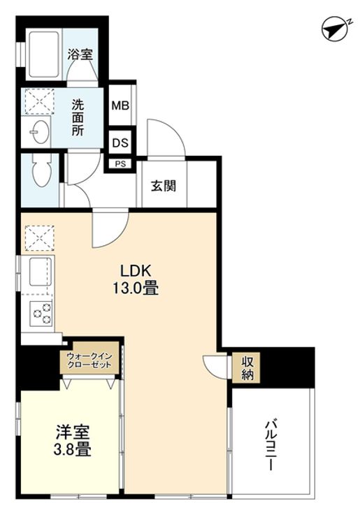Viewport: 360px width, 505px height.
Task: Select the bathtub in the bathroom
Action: pyautogui.click(x=43, y=54)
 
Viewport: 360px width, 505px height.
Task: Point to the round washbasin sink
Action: pyautogui.click(x=39, y=131)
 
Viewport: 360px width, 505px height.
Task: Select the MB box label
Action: pyautogui.click(x=120, y=108)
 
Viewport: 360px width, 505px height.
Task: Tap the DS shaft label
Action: pyautogui.click(x=120, y=142)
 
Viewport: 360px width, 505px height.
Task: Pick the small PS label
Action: pyautogui.click(x=120, y=165)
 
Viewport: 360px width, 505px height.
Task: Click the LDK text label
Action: pyautogui.click(x=130, y=270)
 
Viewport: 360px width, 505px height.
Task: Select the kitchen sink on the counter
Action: pyautogui.click(x=39, y=270)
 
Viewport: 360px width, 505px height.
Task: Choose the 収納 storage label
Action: pyautogui.click(x=247, y=367)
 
